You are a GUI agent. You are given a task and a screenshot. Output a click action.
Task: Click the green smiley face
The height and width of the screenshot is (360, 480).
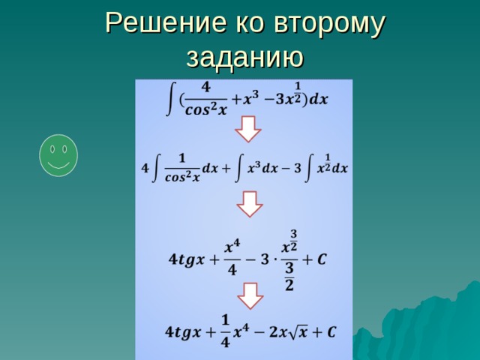(58, 155)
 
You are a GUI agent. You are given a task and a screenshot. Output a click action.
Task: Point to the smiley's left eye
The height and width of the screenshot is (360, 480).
(52, 149)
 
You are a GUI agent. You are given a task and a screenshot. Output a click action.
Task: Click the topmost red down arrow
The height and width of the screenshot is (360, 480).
(248, 128)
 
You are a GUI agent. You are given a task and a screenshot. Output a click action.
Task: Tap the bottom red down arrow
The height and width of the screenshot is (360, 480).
(250, 295)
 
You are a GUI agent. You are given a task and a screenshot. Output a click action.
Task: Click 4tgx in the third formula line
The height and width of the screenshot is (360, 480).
(186, 260)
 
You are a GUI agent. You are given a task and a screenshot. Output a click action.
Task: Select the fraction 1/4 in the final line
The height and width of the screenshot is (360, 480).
(226, 329)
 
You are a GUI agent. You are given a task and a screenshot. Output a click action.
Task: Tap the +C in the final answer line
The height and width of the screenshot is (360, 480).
(324, 331)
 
